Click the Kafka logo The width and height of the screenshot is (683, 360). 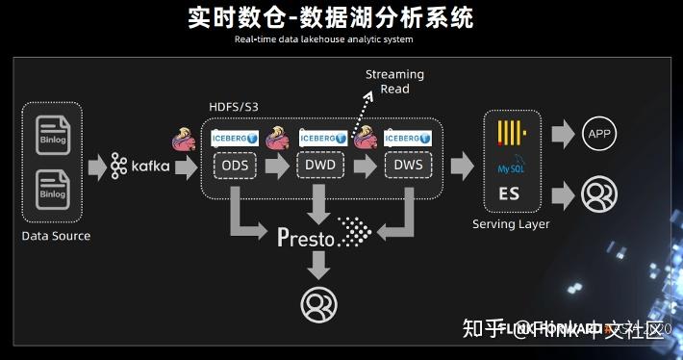pos(140,166)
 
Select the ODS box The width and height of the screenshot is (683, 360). pos(234,165)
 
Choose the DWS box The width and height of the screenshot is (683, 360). pos(408,165)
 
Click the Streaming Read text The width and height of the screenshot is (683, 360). pos(394,82)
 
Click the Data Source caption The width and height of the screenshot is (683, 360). pos(56,236)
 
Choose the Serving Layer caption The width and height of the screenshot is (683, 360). pos(511,224)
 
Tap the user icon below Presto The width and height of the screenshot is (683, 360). pos(318,303)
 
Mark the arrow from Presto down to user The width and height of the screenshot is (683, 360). pos(318,266)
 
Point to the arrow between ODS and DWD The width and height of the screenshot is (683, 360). pos(276,166)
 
